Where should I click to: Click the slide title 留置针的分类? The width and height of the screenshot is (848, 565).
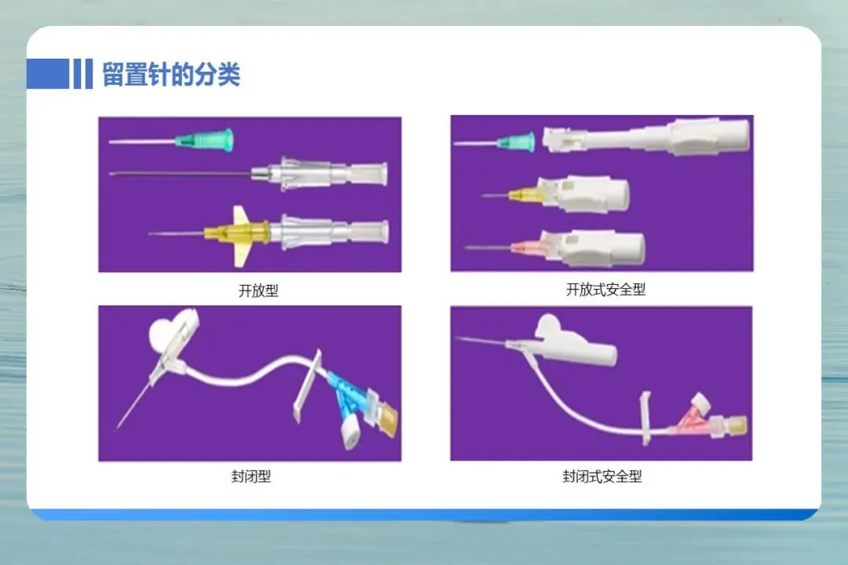[x=171, y=74]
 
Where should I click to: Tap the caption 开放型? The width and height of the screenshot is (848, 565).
[x=258, y=291]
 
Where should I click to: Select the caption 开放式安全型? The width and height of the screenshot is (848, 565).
[x=605, y=290]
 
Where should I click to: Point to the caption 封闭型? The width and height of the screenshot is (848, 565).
[x=251, y=476]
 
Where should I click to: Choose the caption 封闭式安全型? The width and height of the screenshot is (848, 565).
[x=602, y=476]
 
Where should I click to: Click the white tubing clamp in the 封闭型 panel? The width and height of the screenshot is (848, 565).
[x=308, y=385]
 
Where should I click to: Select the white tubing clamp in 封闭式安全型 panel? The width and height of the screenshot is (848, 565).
[x=645, y=418]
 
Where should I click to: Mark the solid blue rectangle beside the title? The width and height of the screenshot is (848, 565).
[x=48, y=74]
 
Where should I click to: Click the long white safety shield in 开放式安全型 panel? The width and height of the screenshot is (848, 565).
[x=646, y=136]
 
